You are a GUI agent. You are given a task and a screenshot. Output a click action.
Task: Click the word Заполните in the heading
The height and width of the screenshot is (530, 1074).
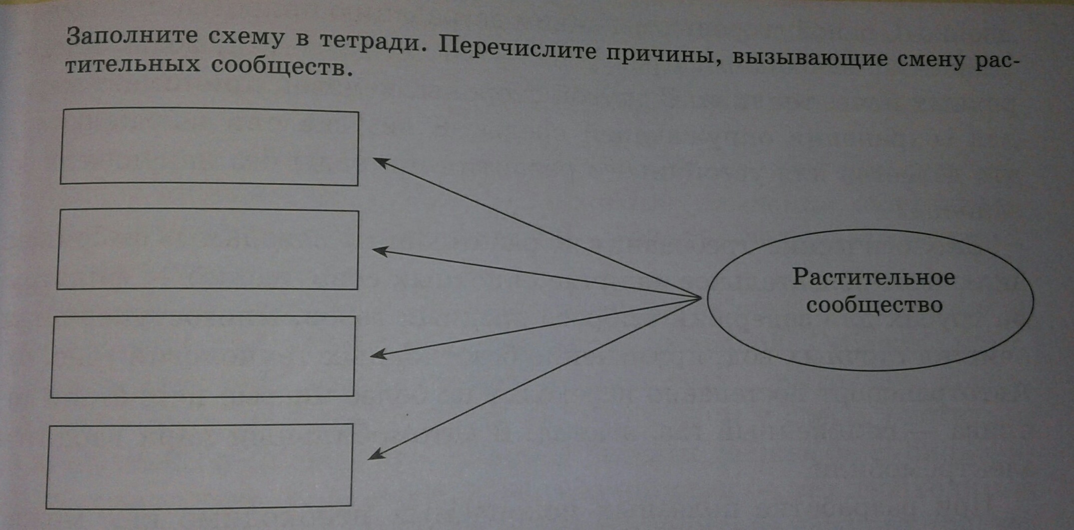pos(132,36)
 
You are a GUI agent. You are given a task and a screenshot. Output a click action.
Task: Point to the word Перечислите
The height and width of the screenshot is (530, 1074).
pos(517,49)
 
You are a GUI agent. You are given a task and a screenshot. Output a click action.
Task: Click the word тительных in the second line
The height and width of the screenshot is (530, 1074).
pos(132,64)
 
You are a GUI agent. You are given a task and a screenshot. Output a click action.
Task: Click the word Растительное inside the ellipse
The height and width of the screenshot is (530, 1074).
pos(874,277)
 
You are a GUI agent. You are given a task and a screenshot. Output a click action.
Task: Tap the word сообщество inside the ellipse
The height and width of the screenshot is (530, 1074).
pos(874,305)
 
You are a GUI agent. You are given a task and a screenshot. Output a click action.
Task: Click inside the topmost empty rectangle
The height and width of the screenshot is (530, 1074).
pos(209,147)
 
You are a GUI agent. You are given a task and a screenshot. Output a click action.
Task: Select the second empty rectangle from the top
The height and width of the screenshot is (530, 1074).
pos(208,249)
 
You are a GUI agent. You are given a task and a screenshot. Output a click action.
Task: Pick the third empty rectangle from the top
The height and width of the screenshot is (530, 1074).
pos(203,356)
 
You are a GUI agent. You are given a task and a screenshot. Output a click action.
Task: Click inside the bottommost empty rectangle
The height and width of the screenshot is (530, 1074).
pos(199,466)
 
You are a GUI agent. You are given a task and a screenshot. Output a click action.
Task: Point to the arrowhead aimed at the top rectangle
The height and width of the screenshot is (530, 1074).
pos(380,162)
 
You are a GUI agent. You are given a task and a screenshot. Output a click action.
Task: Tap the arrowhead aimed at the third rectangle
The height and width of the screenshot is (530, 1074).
pos(377,354)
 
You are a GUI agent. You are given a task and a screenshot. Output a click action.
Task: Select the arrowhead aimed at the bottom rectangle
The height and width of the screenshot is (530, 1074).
pos(375,454)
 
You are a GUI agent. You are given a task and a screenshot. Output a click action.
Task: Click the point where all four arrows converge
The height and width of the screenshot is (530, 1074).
pos(700,298)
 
